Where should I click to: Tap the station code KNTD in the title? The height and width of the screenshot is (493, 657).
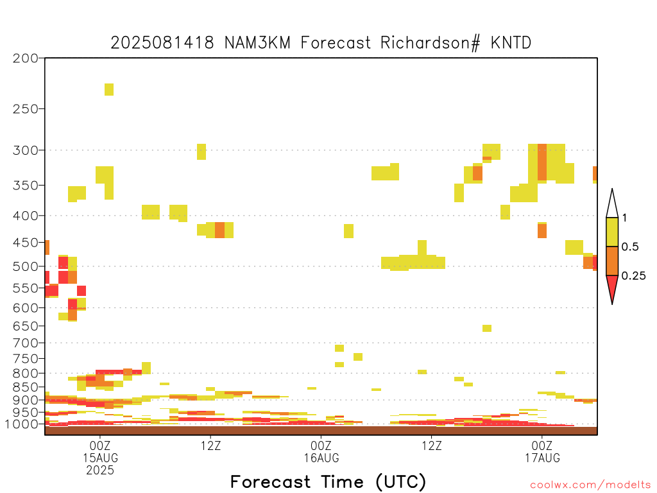511,43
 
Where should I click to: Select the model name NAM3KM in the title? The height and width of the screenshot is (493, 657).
258,43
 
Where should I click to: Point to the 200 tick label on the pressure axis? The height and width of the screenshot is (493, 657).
26,58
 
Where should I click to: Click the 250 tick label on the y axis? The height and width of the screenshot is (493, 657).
26,109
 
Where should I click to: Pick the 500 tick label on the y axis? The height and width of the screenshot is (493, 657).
26,266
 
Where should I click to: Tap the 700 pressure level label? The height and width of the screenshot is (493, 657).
26,343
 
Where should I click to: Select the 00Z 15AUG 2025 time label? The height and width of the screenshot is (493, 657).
100,457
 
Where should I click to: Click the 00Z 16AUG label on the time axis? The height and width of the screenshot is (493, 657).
321,451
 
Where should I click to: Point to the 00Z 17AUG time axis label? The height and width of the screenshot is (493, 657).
542,451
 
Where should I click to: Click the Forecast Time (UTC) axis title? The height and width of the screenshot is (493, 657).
328,482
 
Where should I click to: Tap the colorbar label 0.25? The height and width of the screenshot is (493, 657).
633,276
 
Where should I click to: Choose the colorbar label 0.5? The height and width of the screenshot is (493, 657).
630,247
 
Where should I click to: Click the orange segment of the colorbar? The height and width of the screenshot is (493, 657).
612,261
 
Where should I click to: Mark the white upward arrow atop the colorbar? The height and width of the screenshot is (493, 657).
612,203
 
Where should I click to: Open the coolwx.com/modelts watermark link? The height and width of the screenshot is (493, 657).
591,485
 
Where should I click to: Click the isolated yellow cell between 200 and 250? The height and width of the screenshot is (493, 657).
109,89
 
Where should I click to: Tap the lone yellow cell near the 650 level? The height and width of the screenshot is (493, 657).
487,328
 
